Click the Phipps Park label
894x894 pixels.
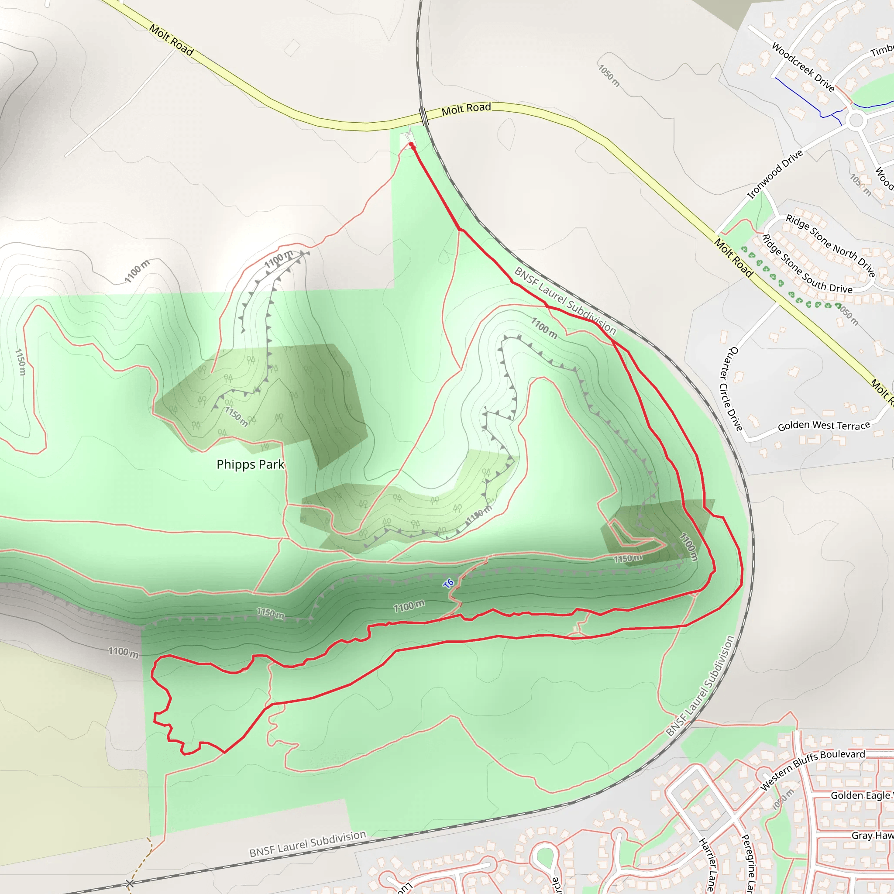point(250,464)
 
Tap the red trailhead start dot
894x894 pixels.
point(411,145)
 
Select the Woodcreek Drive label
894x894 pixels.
point(803,67)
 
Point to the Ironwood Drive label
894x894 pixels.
point(775,175)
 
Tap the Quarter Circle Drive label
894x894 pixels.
point(731,388)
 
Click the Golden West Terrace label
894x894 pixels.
point(824,425)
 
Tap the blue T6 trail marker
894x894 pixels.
point(448,584)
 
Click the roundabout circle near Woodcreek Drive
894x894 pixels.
point(856,121)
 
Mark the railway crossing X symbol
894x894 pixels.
point(130,884)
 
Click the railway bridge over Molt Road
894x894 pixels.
point(424,116)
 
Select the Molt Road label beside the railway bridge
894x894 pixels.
point(466,109)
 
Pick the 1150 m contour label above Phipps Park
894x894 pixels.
point(237,416)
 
